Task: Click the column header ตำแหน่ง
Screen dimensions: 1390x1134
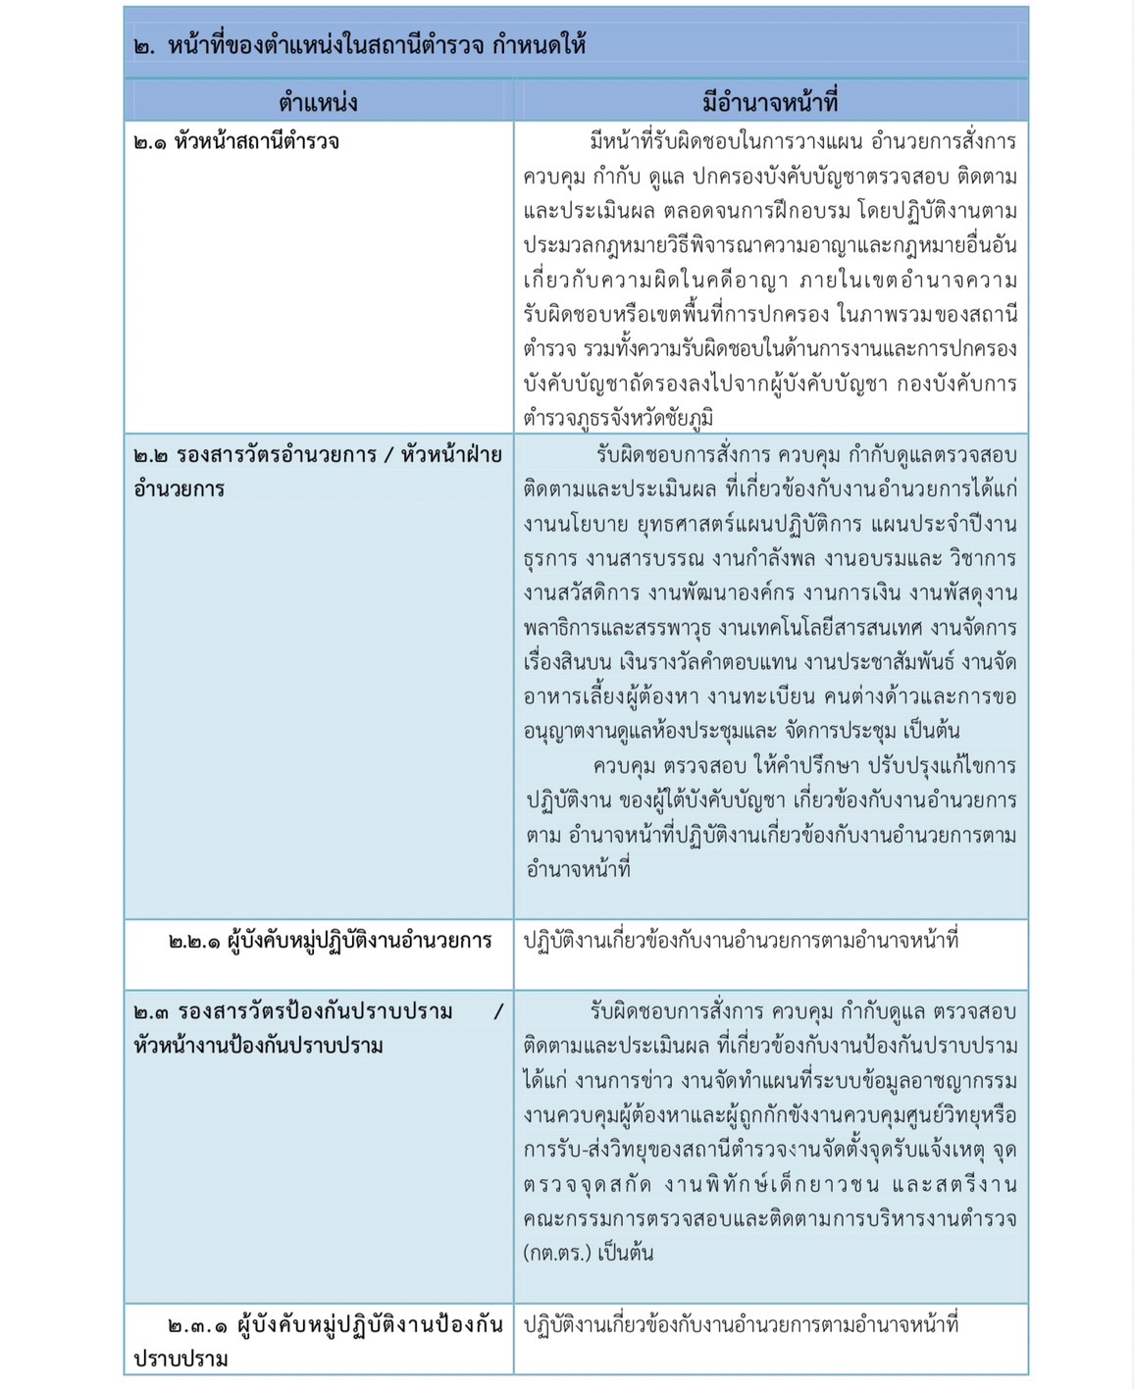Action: [x=318, y=102]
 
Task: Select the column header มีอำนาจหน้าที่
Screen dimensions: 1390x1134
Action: [x=770, y=102]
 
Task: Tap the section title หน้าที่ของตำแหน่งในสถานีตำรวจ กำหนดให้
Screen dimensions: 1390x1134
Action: [x=377, y=45]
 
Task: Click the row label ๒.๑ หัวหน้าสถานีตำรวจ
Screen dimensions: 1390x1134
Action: [x=236, y=142]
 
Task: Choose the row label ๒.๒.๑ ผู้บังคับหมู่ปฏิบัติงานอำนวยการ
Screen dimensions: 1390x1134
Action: [x=330, y=941]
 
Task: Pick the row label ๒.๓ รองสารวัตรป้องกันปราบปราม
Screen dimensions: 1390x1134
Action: [x=293, y=1011]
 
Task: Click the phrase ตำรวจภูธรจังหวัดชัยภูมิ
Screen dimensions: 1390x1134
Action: [x=618, y=418]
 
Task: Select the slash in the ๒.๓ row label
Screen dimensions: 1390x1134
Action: [x=497, y=1011]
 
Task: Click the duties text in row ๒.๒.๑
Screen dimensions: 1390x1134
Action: [x=741, y=941]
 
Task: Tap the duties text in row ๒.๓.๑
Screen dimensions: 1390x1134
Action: [x=741, y=1324]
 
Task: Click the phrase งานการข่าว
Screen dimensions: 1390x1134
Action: [x=624, y=1081]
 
